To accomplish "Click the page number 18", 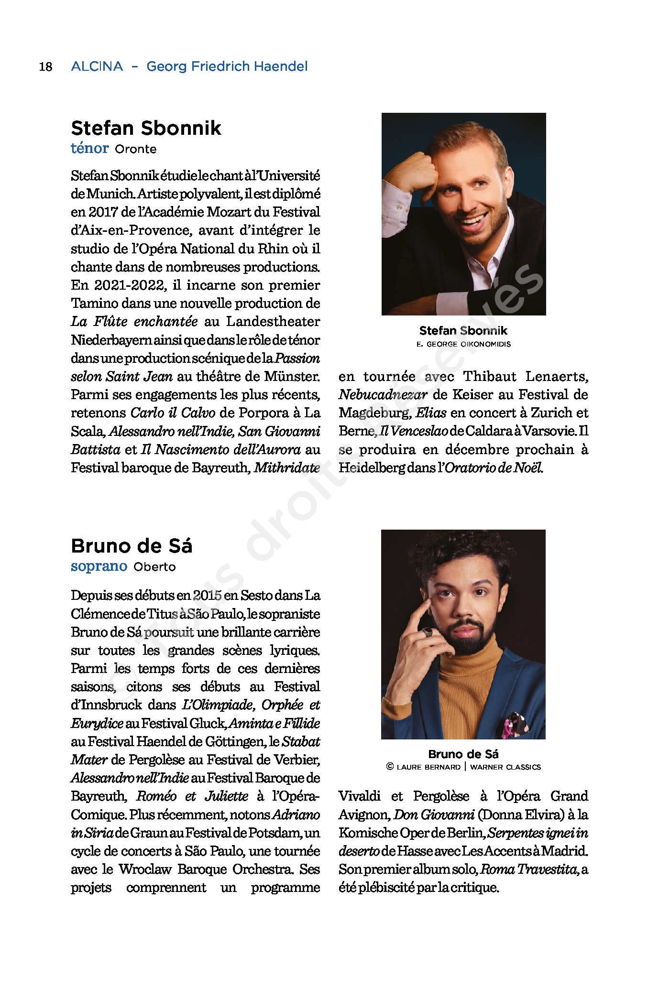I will [45, 66].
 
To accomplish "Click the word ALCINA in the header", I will [97, 66].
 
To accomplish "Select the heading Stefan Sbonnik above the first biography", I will [146, 128].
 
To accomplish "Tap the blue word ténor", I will [90, 148].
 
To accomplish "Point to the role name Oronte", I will [135, 149].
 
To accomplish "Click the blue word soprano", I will [99, 566].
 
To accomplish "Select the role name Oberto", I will [154, 567].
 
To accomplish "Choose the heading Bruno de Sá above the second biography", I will [132, 546].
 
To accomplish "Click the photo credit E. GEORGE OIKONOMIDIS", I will [463, 344].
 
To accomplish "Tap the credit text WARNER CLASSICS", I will [505, 767].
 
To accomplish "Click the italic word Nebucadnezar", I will [383, 395].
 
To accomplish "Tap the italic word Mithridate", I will [286, 467].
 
